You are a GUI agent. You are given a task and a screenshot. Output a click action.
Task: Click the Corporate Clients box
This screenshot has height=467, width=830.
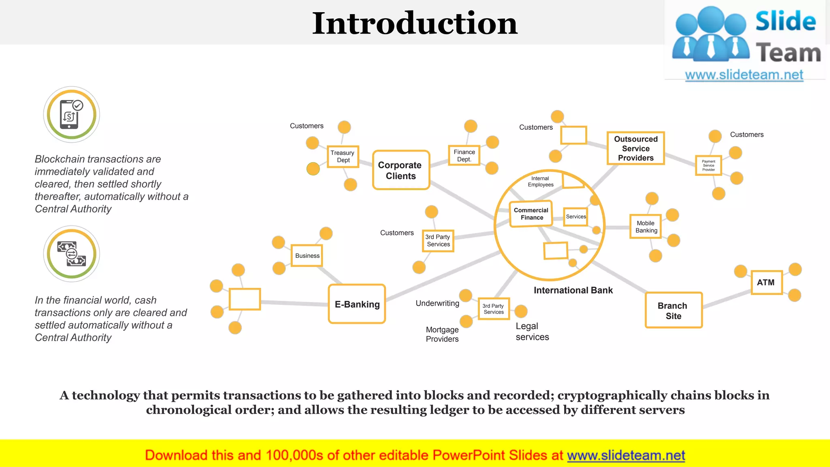click(x=401, y=170)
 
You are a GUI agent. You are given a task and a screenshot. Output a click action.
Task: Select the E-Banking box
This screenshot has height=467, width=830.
click(x=357, y=304)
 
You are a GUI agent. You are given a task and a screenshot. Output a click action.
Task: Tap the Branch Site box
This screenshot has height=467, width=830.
click(x=673, y=311)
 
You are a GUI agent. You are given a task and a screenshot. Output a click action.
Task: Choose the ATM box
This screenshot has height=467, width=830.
click(x=766, y=283)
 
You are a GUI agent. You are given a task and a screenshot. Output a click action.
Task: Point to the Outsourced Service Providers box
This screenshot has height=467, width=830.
click(x=635, y=148)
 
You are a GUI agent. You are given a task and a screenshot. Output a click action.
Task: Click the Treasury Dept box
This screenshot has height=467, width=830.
click(x=343, y=156)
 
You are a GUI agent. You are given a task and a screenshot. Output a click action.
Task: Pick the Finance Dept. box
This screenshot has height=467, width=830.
click(x=464, y=156)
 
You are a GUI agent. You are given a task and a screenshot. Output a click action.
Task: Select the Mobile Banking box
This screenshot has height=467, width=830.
click(x=646, y=227)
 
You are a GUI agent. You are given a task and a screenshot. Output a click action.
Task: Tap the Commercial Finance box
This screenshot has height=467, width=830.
click(x=531, y=214)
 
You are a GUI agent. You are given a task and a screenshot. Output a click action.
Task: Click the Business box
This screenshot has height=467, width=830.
click(x=307, y=256)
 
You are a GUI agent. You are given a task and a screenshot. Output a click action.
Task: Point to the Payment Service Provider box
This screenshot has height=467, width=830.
click(x=708, y=165)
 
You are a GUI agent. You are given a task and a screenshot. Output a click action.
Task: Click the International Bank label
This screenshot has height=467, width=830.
click(x=573, y=290)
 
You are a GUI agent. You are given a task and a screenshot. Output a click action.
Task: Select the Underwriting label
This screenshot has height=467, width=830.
click(x=437, y=303)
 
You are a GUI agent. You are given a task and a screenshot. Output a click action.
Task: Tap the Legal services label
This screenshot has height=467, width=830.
click(x=532, y=332)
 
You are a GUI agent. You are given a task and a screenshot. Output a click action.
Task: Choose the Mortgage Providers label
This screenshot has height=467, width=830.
click(x=442, y=334)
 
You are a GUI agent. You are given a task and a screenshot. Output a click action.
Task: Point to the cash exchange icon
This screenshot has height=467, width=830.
click(x=71, y=254)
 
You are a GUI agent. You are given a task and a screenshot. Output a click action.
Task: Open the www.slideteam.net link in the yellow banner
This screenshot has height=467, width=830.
click(x=626, y=456)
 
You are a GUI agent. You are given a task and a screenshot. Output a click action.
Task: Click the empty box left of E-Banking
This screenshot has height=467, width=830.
click(x=245, y=299)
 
